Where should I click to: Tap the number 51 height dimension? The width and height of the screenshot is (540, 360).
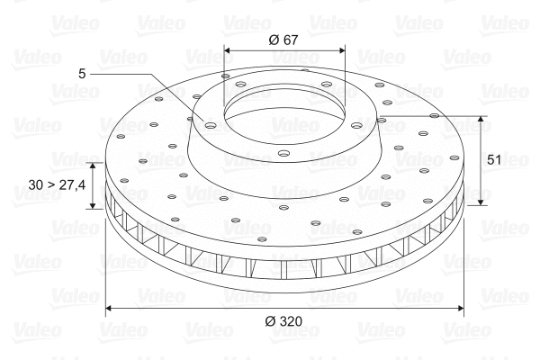click(x=494, y=159)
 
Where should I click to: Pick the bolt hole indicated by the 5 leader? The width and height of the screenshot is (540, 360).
click(x=210, y=125)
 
